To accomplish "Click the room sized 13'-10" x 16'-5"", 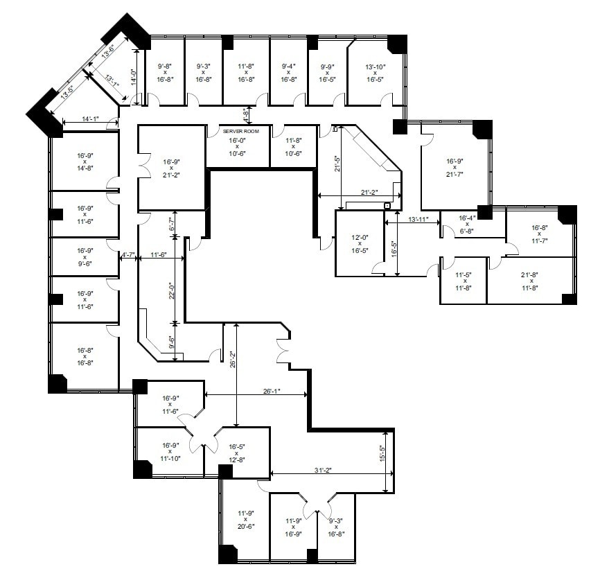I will point(375,73).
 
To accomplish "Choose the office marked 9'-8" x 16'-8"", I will point(165,73).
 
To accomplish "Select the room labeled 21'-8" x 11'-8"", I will point(530,281).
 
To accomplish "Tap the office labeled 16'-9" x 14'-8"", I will point(85,161).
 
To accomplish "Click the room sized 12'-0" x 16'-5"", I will point(360,243).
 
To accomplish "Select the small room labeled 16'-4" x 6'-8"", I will point(467,224).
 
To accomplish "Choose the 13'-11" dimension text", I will point(423,220).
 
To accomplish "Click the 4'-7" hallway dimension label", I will point(127,256).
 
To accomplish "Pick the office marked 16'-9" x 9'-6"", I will point(85,256).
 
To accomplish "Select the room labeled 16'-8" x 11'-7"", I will point(540,234).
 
